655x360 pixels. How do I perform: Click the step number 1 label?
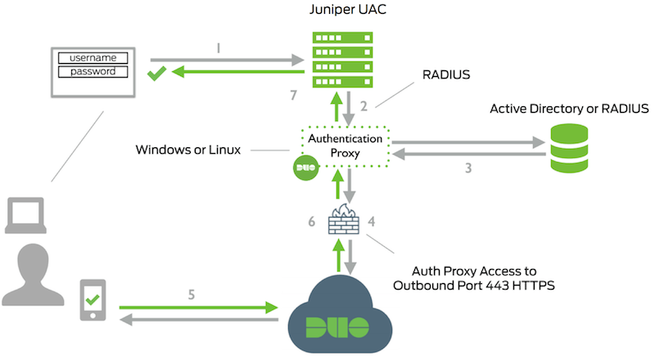[218, 47]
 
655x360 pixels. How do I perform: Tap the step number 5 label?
[192, 292]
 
